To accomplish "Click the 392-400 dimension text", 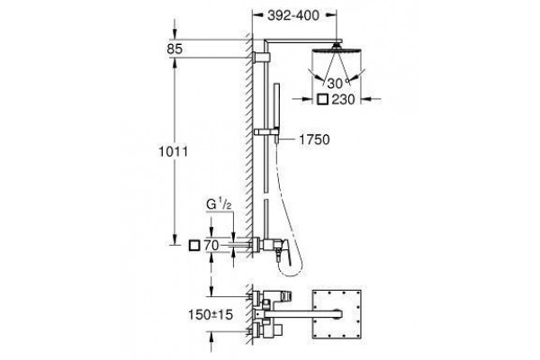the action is tap(293, 15).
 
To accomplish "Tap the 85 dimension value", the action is tap(175, 49).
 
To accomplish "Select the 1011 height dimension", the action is tap(173, 151).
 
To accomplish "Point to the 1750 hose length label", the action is tap(314, 139).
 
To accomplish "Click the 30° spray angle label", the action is tap(335, 84).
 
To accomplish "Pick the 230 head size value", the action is tap(343, 100).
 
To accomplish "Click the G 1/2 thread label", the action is tap(219, 204).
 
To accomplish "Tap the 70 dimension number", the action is tap(211, 246).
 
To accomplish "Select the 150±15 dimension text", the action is tap(211, 314).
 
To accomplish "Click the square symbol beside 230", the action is tap(323, 100).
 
